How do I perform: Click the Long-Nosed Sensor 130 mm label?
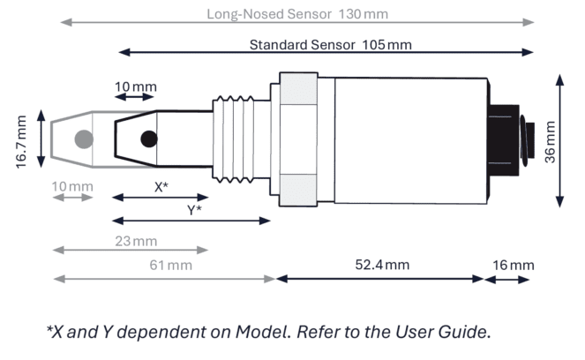tap(296, 14)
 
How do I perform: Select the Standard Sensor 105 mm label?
tap(330, 43)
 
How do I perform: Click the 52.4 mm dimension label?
tap(382, 265)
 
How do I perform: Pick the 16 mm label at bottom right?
tap(514, 265)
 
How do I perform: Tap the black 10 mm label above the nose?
tap(136, 86)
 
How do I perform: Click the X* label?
tap(161, 187)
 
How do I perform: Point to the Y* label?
tap(194, 210)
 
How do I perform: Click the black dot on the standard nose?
tap(149, 139)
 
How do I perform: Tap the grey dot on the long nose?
tap(84, 139)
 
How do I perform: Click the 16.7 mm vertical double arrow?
tap(40, 139)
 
